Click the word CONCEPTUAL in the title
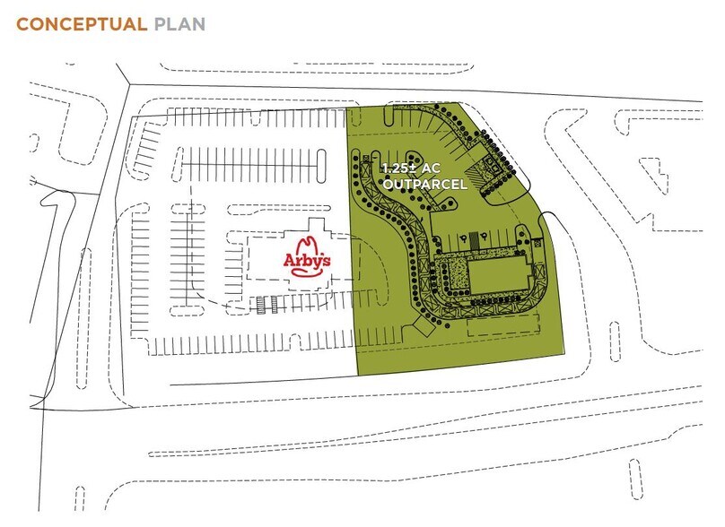82,23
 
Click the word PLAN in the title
179,23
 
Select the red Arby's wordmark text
309,261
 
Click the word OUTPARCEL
421,185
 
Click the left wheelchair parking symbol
464,239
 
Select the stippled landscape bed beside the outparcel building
456,274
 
